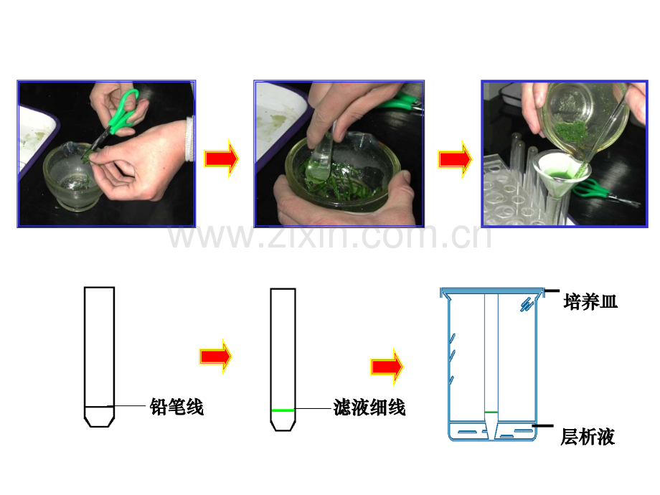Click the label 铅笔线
point(176,407)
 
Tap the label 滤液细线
point(369,407)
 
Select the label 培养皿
point(590,302)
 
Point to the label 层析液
point(588,436)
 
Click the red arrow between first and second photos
point(222,159)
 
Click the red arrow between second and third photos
point(456,159)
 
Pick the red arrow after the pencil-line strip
point(215,356)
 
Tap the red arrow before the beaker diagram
point(387,367)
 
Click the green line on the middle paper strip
point(283,410)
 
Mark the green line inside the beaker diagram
point(491,412)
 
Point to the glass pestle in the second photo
point(321,155)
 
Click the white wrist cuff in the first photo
point(190,138)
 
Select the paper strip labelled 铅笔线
point(99,357)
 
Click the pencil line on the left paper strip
point(99,407)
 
